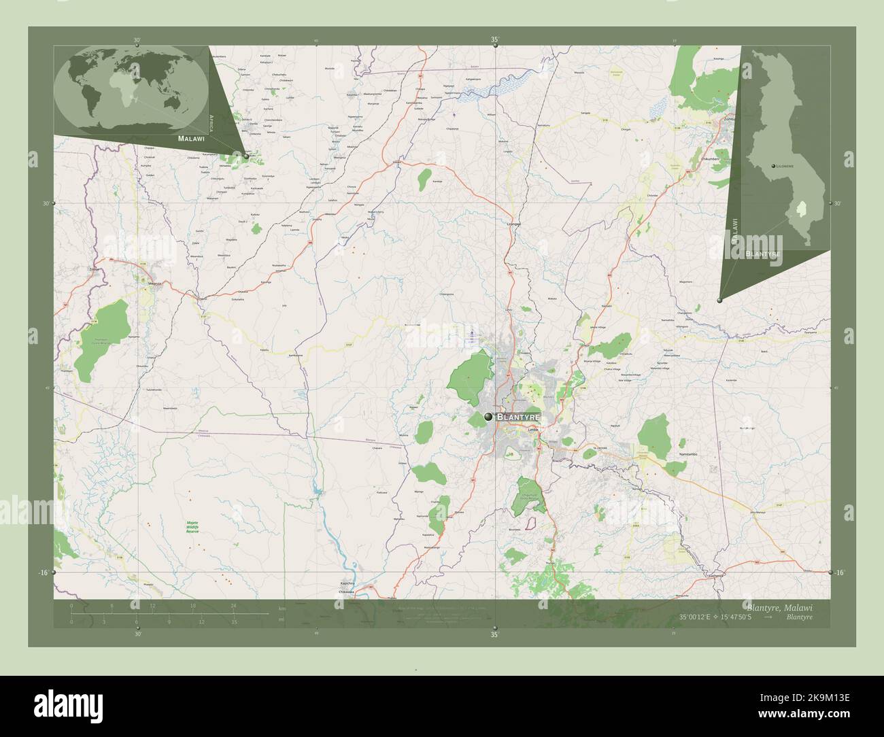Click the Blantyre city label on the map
click(519, 416)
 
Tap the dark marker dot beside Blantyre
click(488, 416)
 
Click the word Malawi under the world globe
click(191, 138)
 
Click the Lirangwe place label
click(513, 224)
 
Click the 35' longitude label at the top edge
click(495, 40)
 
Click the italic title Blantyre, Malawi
click(779, 606)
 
